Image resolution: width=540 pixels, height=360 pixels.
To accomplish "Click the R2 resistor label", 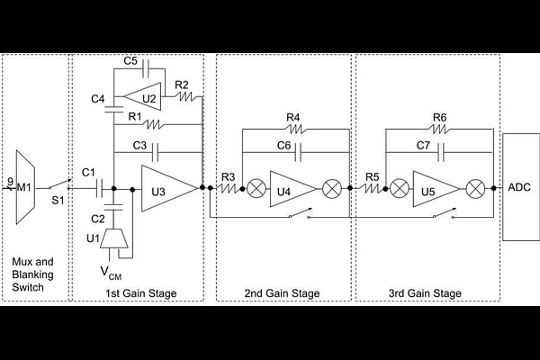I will [x=182, y=85].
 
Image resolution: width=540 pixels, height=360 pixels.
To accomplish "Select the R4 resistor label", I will [x=293, y=117].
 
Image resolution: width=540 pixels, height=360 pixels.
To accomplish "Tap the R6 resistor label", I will [x=439, y=117].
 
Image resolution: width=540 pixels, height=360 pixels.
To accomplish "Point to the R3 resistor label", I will [x=229, y=175].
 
